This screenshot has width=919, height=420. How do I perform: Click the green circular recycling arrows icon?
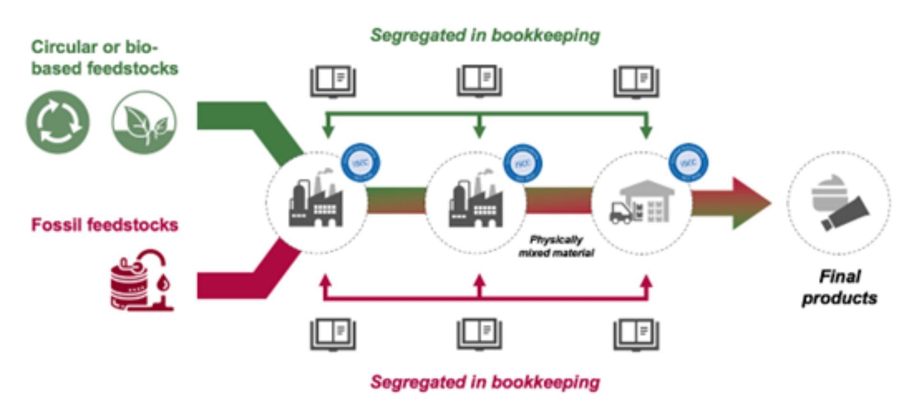point(57,122)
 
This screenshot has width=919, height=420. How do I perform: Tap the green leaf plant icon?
point(144,122)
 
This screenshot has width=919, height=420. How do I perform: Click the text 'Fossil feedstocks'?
point(104,225)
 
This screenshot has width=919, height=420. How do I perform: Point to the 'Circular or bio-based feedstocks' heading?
point(104,57)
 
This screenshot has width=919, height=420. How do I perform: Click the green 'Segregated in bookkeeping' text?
point(485,35)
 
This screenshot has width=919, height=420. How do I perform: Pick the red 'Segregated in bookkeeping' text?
point(485,382)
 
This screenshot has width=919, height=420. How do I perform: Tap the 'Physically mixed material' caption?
point(556,246)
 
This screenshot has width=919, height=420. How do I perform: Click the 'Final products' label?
point(840,287)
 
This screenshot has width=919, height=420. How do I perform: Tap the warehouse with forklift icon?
point(641,202)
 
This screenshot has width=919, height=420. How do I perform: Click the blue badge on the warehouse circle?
point(688,163)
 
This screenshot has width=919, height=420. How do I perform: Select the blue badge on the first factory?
point(360,163)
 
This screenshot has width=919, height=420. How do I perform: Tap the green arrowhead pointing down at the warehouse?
point(646,131)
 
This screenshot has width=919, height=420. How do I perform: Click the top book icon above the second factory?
point(479,81)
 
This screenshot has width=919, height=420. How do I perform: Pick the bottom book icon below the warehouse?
point(636,334)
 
